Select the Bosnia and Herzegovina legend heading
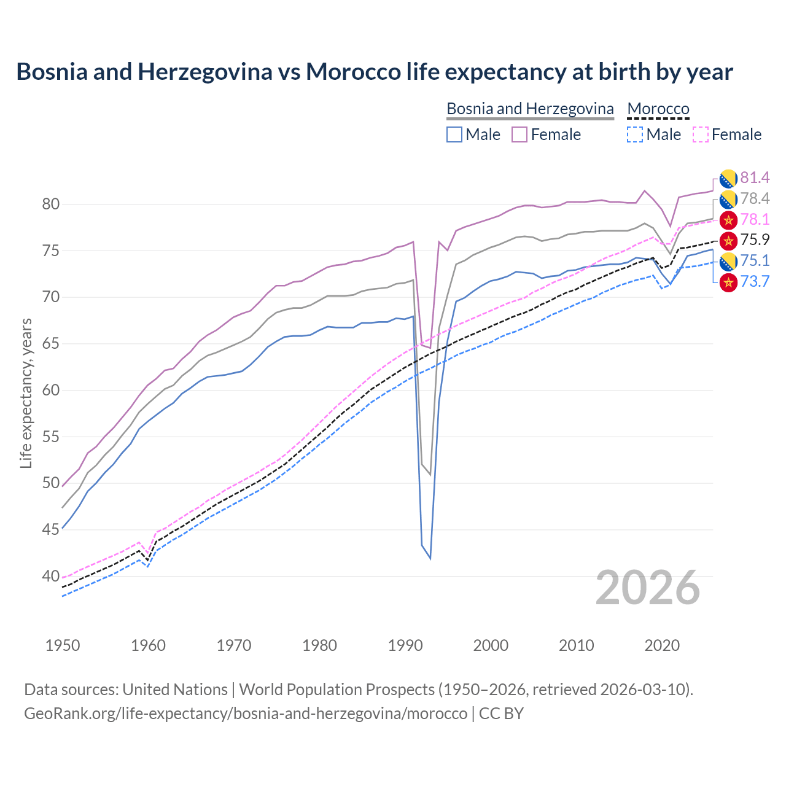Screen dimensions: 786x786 [x=529, y=109]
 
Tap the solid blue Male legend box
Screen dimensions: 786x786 [x=454, y=134]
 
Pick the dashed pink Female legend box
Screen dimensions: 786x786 [x=701, y=134]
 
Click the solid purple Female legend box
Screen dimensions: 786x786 [x=519, y=134]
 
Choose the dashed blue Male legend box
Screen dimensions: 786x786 [x=635, y=134]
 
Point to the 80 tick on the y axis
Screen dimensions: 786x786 [x=50, y=204]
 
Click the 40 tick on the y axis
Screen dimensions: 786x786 [x=50, y=577]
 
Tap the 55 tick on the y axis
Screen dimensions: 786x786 [x=50, y=437]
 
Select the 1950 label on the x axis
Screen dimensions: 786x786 [x=63, y=645]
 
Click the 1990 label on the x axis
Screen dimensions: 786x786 [x=405, y=645]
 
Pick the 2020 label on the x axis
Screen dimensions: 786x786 [x=662, y=645]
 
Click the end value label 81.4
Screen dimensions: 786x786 [x=755, y=178]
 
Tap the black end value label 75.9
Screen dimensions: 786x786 [x=755, y=240]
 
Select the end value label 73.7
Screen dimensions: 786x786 [x=755, y=282]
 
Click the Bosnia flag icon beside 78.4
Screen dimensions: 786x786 [x=728, y=199]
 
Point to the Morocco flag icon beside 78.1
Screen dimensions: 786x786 [x=728, y=220]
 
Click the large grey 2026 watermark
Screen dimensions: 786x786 [x=648, y=588]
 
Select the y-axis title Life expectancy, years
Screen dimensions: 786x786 [x=26, y=393]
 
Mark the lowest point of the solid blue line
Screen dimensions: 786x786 [x=430, y=558]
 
